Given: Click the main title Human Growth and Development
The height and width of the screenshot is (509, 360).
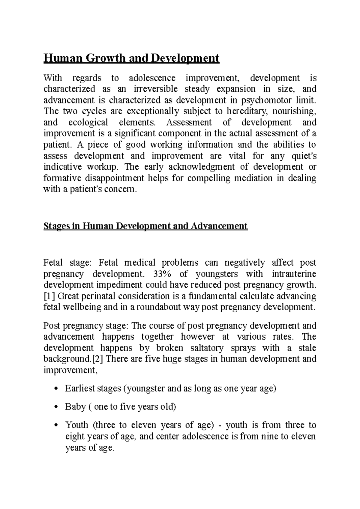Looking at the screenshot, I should [131, 58].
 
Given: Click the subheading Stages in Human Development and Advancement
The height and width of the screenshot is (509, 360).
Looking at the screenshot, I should [145, 226].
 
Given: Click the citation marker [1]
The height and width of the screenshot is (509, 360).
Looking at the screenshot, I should [49, 296].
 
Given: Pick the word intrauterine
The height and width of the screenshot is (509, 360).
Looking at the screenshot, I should [294, 274].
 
